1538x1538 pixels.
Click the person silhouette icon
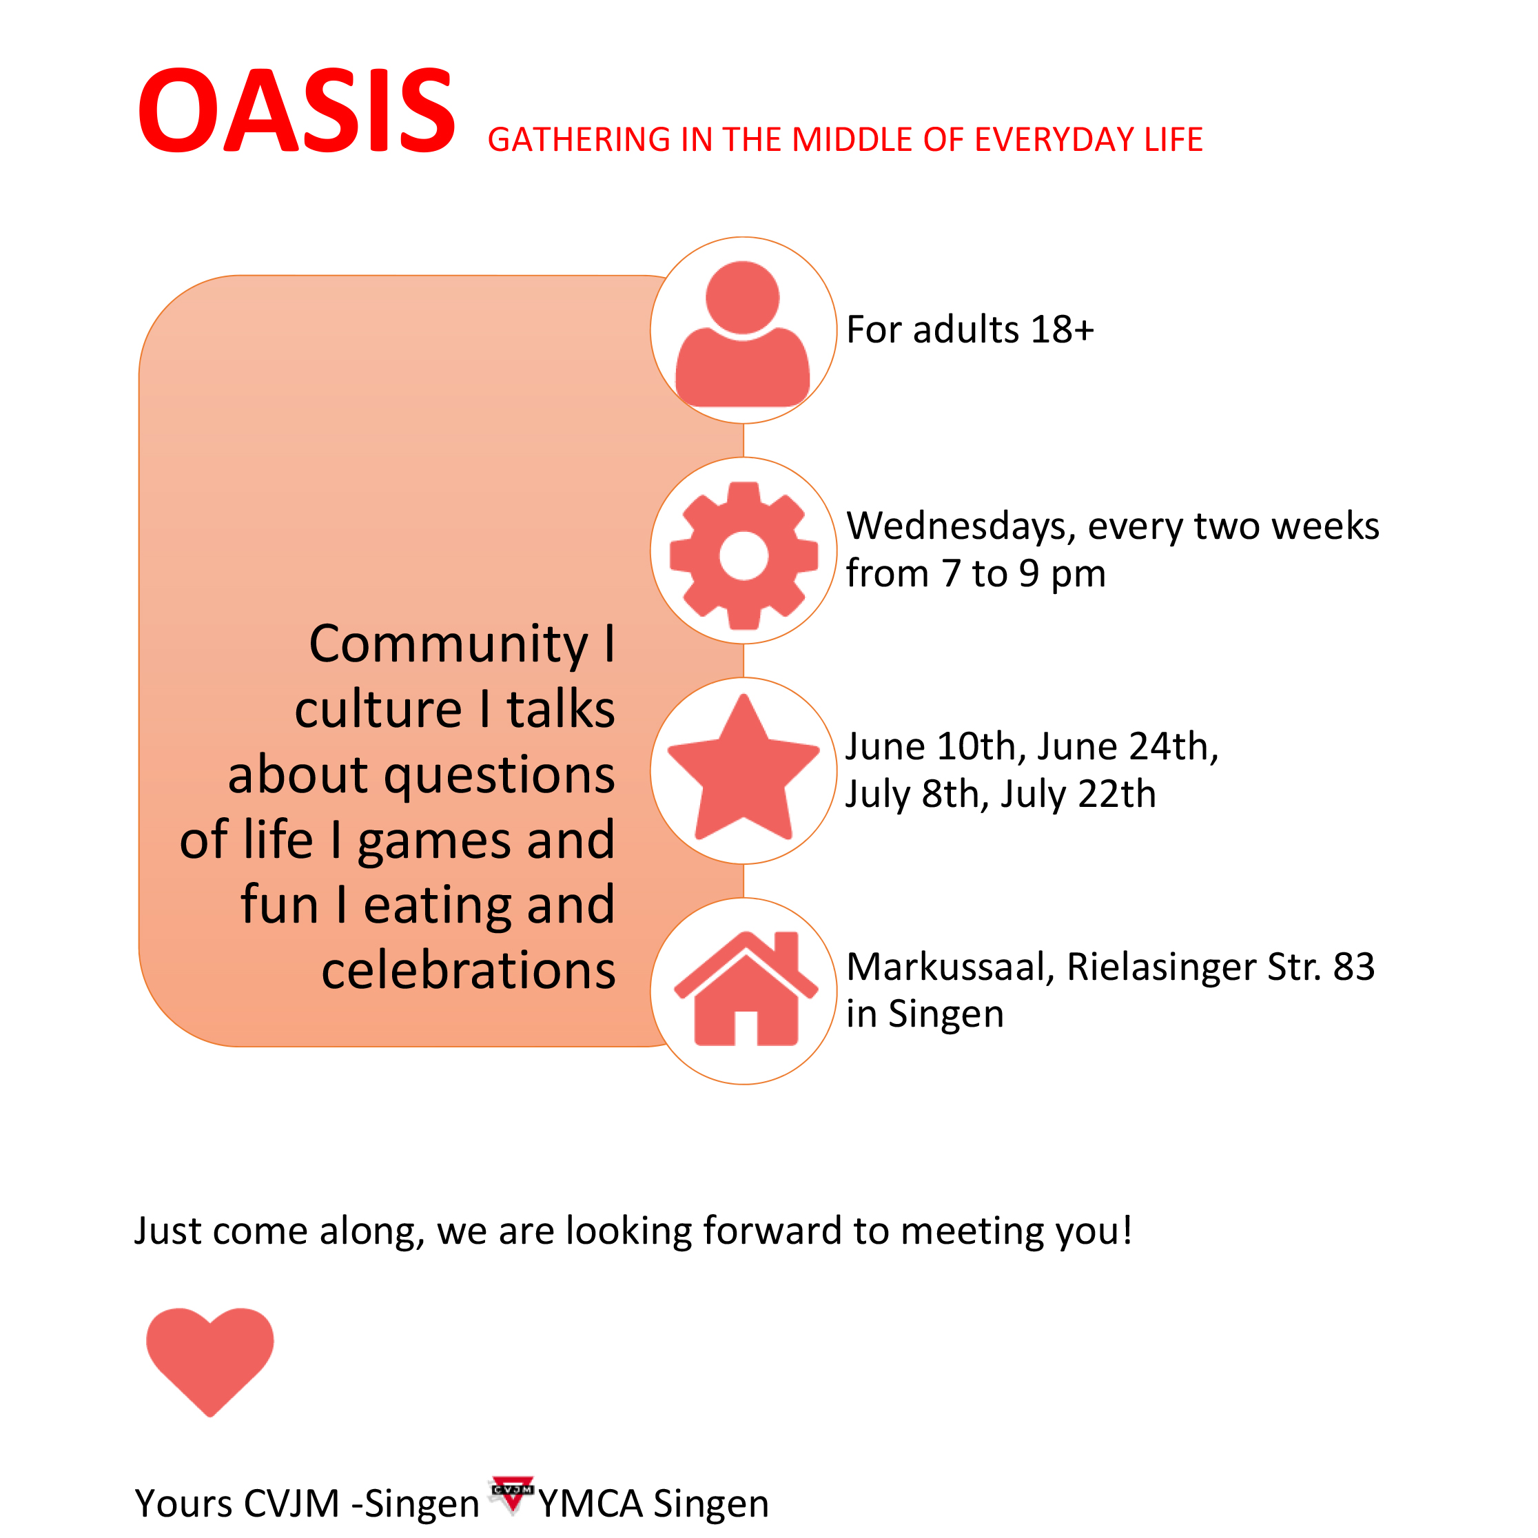pyautogui.click(x=743, y=333)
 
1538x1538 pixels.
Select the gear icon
pyautogui.click(x=744, y=555)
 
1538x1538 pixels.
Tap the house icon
pyautogui.click(x=745, y=988)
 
